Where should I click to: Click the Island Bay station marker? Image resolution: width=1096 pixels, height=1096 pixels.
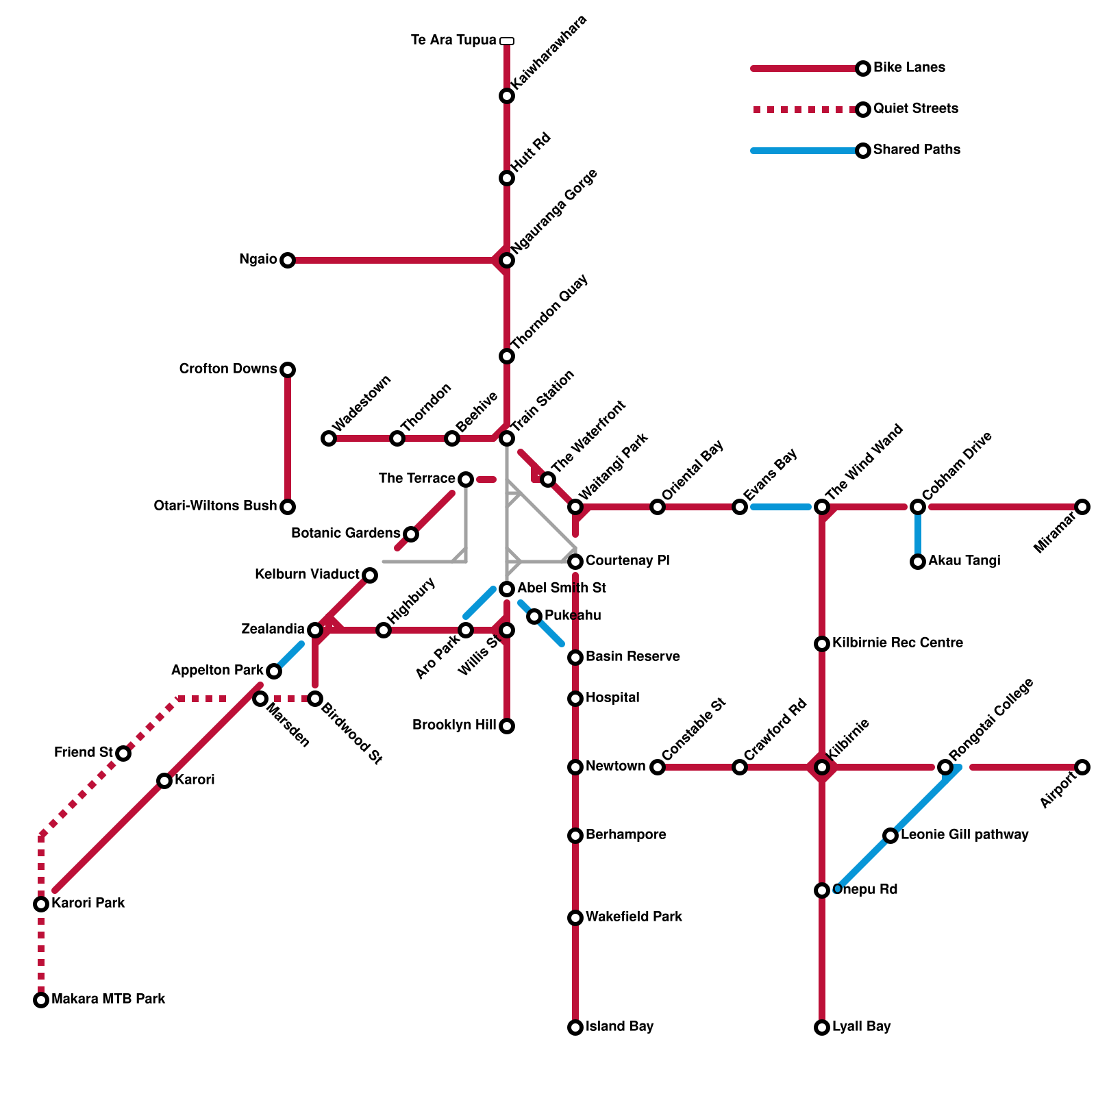tap(575, 1027)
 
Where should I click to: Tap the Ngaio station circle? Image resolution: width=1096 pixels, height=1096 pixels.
tap(288, 260)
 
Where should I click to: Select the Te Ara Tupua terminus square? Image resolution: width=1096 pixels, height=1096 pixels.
tap(507, 41)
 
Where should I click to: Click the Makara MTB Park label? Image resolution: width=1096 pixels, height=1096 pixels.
tap(108, 999)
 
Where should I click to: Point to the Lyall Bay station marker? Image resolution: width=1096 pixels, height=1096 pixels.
tap(822, 1027)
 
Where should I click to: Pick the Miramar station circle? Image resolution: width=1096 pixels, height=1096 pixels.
tap(1082, 507)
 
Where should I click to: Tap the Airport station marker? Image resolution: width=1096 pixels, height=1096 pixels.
tap(1082, 767)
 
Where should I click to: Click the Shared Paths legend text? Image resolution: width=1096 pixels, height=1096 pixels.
tap(917, 150)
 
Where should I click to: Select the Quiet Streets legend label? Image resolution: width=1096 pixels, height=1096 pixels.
tap(916, 109)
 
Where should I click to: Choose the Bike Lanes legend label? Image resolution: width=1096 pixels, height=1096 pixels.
tap(909, 68)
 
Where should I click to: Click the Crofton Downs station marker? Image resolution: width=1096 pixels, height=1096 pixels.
tap(288, 370)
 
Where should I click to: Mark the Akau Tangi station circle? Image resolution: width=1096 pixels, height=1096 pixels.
tap(918, 562)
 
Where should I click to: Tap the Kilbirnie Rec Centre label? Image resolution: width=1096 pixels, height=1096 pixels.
tap(897, 643)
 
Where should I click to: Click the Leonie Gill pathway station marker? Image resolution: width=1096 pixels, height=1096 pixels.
tap(891, 836)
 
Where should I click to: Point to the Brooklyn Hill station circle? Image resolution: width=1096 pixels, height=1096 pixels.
tap(507, 726)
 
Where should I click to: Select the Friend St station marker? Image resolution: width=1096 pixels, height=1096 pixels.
tap(123, 754)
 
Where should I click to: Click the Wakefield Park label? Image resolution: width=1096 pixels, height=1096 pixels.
tap(634, 917)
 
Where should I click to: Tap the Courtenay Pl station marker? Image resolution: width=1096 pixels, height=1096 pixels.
tap(575, 562)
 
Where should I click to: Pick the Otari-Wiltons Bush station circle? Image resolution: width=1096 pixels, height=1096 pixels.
tap(288, 507)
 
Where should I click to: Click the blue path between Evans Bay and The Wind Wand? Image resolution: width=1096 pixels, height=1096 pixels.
tap(781, 507)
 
